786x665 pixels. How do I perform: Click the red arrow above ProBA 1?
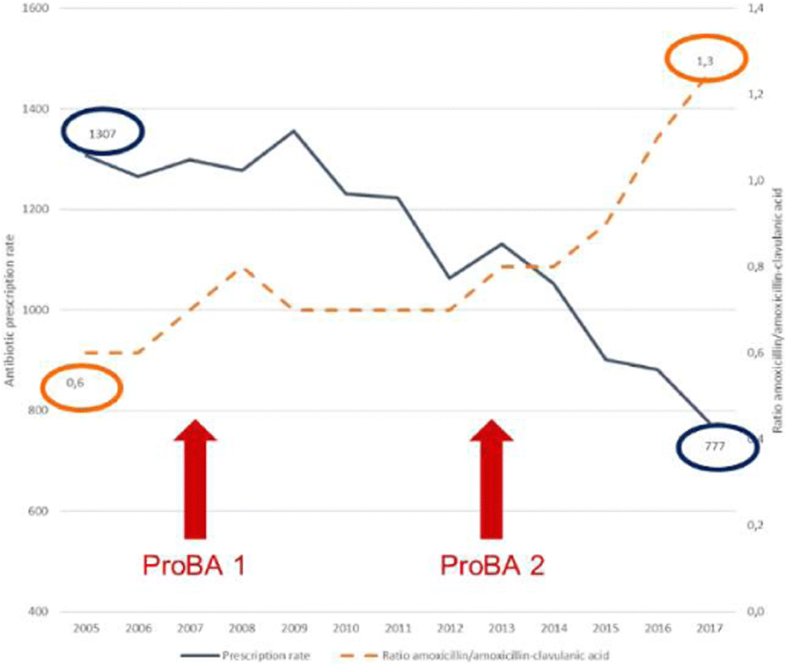pos(195,479)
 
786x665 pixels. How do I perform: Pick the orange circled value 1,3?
pos(702,60)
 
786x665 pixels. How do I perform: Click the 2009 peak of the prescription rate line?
pos(293,130)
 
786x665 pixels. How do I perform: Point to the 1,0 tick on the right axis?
pos(752,180)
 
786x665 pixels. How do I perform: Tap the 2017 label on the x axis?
pos(704,631)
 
